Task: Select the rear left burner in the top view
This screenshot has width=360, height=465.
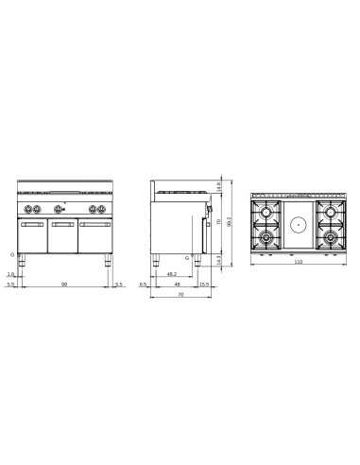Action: (x=268, y=209)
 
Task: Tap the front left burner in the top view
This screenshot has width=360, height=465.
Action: (x=268, y=240)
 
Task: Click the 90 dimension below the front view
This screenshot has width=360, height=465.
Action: (x=64, y=284)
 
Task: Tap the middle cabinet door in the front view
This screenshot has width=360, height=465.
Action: (x=64, y=237)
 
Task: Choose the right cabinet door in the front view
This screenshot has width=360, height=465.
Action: (x=94, y=237)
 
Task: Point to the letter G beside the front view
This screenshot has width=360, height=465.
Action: (x=12, y=255)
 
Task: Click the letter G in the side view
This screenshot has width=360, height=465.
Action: (x=188, y=257)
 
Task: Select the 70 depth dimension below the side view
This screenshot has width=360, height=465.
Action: (x=180, y=296)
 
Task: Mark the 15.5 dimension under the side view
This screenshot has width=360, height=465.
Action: (x=204, y=284)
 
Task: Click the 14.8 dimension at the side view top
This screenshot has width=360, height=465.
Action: (x=220, y=185)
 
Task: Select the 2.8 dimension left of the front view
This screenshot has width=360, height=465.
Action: (x=12, y=275)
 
